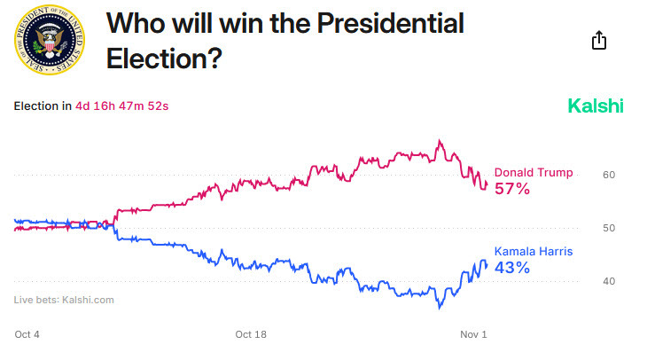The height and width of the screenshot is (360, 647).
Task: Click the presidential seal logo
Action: [51, 41]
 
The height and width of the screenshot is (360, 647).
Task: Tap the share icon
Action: [599, 41]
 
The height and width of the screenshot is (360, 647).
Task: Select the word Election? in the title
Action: [164, 59]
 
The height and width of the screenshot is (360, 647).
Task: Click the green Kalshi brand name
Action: [596, 106]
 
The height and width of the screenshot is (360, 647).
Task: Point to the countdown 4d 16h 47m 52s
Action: [121, 106]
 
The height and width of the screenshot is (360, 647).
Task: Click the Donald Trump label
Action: [534, 172]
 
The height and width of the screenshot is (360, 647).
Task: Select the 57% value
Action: [512, 189]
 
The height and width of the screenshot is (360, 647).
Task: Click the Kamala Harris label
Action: [534, 251]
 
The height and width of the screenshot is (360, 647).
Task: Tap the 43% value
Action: [512, 268]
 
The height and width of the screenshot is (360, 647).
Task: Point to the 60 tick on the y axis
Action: [609, 175]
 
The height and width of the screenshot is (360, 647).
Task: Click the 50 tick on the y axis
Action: [609, 228]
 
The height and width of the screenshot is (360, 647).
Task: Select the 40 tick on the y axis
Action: [609, 281]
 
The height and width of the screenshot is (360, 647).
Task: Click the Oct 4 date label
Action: [27, 334]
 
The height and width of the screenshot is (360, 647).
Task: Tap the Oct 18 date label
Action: [251, 334]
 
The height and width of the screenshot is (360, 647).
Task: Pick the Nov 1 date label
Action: [473, 334]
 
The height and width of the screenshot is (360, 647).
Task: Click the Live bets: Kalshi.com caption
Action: [64, 300]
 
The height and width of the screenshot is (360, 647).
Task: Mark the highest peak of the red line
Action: [439, 140]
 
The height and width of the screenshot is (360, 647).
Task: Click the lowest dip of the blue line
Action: [439, 309]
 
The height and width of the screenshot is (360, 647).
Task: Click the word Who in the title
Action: [133, 24]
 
